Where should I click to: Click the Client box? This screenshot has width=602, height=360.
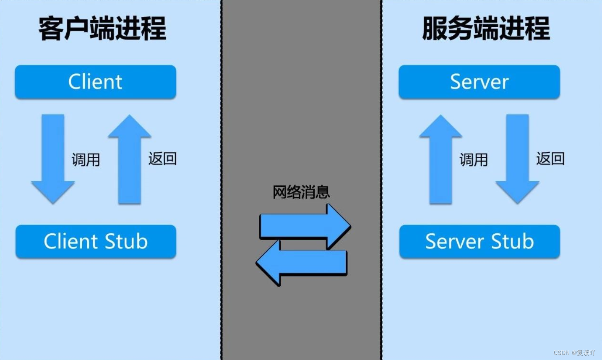point(95,82)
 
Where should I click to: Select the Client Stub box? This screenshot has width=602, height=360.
point(96,242)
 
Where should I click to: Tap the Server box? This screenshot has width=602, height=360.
point(479,82)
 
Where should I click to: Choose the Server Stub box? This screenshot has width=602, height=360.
point(480,242)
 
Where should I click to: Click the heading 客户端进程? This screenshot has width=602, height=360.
point(102,29)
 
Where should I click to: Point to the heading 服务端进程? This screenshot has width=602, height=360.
point(486,29)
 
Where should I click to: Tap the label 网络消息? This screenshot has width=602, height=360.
point(301,192)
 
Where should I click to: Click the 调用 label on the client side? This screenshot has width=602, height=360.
point(86,160)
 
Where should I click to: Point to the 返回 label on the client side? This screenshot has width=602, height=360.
point(162,159)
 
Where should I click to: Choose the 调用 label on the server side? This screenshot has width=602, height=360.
point(474,160)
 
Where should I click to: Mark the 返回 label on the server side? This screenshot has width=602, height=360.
point(550,159)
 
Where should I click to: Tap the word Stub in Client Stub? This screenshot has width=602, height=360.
point(126,242)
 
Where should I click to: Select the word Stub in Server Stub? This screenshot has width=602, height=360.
point(512,242)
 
